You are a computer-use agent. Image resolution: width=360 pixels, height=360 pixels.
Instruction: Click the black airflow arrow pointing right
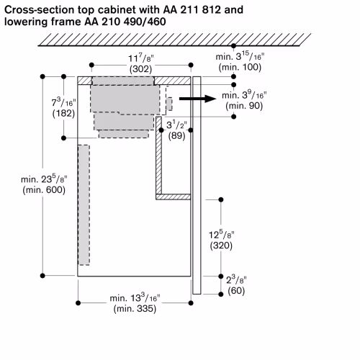click(x=198, y=99)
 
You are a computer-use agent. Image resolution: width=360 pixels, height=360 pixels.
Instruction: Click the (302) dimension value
click(x=140, y=69)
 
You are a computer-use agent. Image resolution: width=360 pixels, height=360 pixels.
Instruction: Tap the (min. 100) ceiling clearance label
click(x=240, y=67)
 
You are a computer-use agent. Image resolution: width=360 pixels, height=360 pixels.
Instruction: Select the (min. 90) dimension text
click(x=244, y=106)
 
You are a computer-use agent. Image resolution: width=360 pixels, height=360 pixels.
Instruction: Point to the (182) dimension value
click(x=63, y=113)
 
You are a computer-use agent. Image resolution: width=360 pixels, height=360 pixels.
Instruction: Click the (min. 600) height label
click(x=44, y=190)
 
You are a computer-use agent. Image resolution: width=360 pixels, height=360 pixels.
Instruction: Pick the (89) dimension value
click(x=176, y=136)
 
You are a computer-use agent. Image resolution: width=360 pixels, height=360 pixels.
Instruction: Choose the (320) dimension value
click(x=221, y=246)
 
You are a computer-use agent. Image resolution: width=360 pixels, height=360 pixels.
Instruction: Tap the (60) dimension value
click(x=236, y=291)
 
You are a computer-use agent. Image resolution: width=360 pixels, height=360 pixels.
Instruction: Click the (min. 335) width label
click(x=135, y=308)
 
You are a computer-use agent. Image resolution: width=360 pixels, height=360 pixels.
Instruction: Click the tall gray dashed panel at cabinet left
click(x=84, y=205)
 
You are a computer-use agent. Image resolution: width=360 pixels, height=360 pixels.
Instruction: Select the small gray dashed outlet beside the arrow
click(x=170, y=104)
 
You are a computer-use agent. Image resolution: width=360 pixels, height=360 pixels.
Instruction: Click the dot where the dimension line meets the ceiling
click(x=233, y=45)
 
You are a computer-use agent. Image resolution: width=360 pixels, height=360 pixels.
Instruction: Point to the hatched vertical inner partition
click(x=158, y=156)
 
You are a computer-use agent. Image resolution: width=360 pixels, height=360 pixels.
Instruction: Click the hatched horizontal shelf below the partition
click(x=174, y=197)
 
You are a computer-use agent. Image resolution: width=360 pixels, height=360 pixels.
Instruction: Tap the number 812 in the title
click(x=211, y=10)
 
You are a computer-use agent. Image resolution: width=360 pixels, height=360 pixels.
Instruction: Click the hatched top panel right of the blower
click(x=172, y=81)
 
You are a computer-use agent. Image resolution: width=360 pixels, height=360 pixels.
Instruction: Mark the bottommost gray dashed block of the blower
click(x=124, y=134)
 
